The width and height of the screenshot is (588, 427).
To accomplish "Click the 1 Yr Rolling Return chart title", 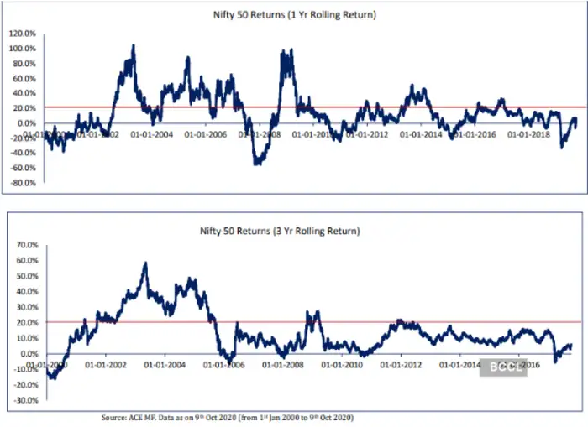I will click(x=293, y=13).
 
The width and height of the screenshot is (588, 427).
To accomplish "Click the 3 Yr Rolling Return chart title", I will click(x=293, y=230).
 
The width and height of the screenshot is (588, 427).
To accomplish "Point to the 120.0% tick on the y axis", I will click(x=22, y=34).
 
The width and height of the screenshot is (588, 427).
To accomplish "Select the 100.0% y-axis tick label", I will click(x=22, y=49).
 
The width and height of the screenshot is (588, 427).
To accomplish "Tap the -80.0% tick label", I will click(x=22, y=182).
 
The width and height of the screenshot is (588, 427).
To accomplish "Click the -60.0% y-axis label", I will click(x=22, y=167).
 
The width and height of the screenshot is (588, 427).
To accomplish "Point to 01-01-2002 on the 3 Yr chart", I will click(x=106, y=365).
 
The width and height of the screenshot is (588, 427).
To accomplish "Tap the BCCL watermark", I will click(x=502, y=367).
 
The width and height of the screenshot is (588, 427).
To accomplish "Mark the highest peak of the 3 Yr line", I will click(x=145, y=263).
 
